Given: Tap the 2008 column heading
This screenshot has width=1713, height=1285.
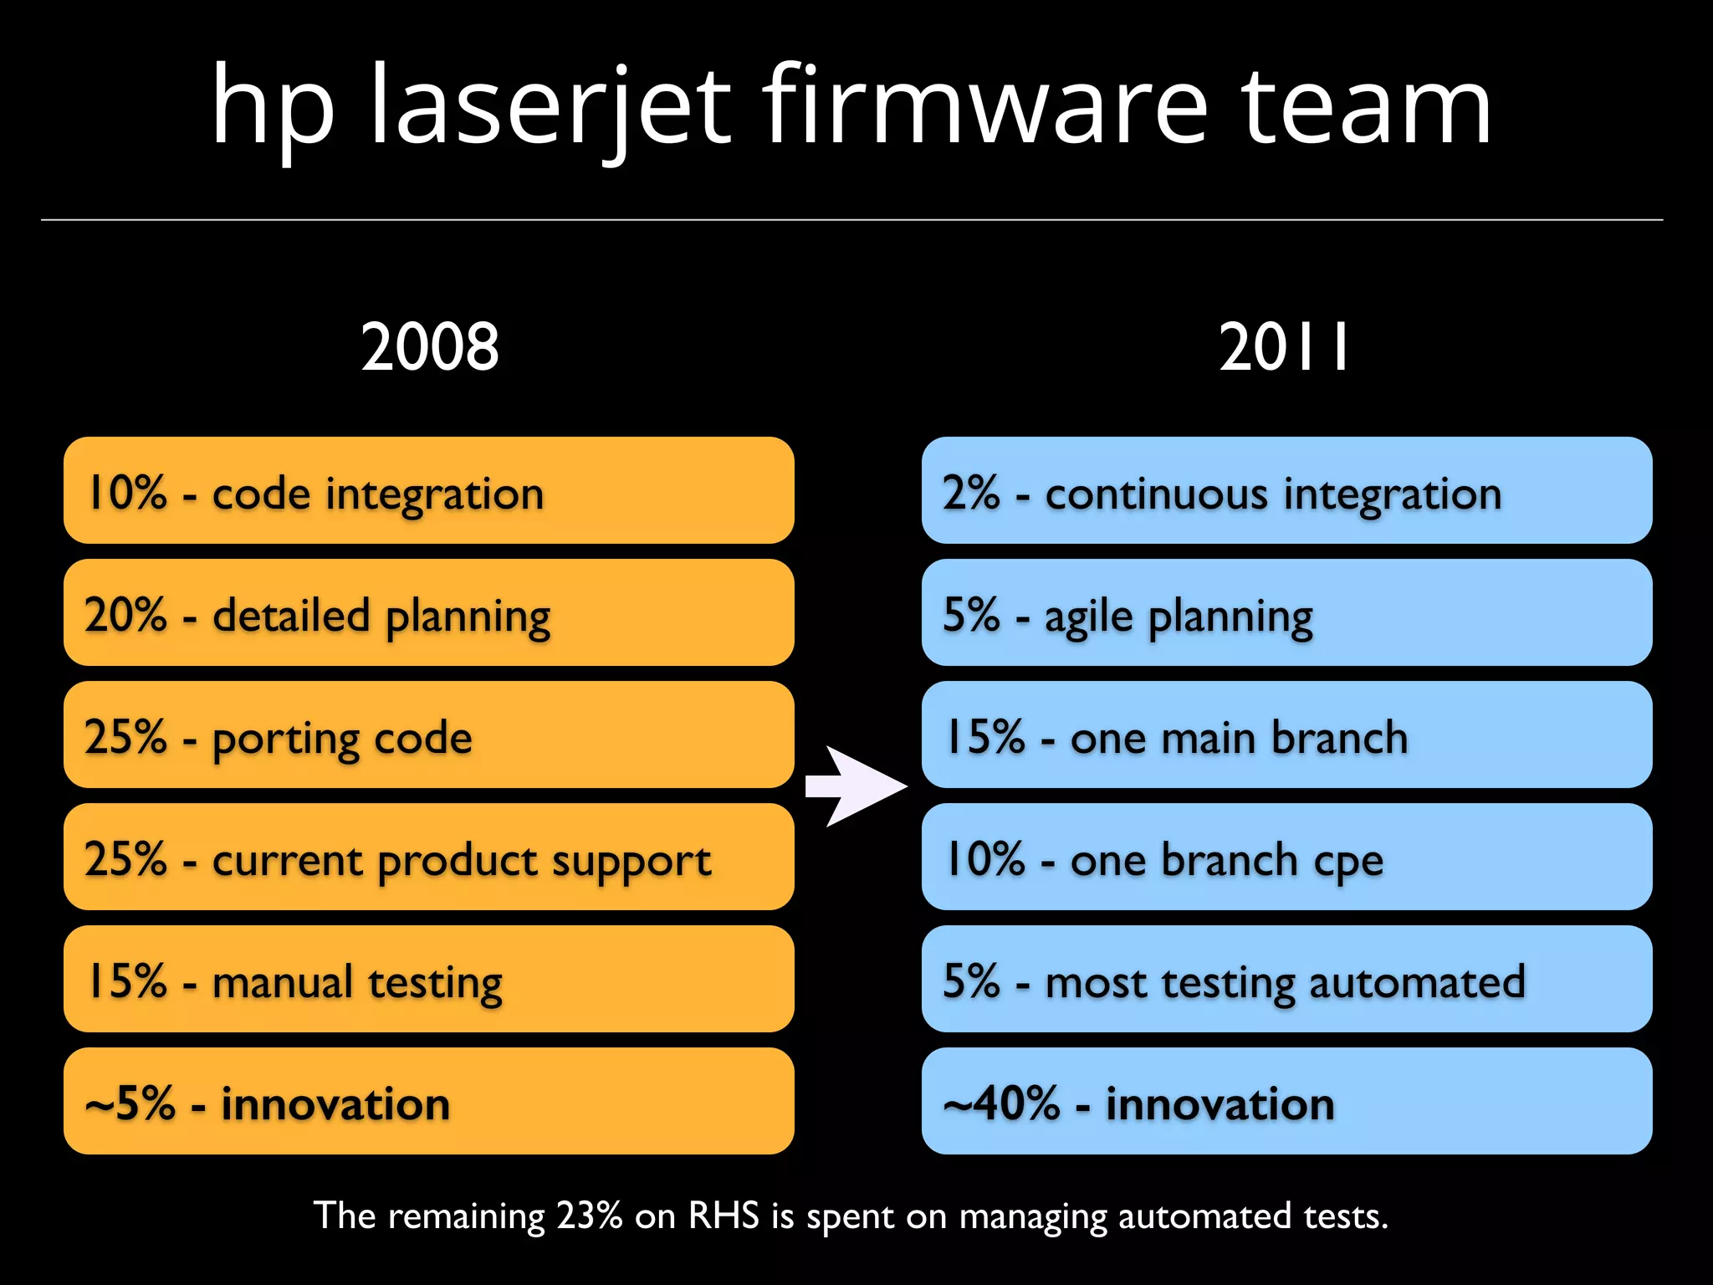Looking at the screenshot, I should coord(429,347).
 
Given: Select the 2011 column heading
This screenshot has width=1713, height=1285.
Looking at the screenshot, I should coord(1284,347).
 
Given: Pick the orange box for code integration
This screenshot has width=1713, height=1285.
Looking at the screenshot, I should coord(428,490).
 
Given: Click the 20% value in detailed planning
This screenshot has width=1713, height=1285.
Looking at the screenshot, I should coord(125,615).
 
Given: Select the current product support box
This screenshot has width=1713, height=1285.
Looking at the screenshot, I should coord(428,857).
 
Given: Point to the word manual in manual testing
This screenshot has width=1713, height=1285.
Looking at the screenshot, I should coord(282,981).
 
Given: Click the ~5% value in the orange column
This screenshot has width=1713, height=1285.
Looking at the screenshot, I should coord(130,1103).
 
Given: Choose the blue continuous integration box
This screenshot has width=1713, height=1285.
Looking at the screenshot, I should coord(1286,490).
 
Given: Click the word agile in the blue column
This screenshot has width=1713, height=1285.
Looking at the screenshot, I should coord(1088,617).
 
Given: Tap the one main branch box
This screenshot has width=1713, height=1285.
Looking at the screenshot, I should coord(1286,735).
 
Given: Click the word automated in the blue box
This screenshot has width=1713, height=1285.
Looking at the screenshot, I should coord(1417,981).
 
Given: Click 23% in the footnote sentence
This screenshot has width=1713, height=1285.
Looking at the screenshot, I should coord(590,1216).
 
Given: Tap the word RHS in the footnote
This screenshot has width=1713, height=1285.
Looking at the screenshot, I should coord(724,1216).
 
